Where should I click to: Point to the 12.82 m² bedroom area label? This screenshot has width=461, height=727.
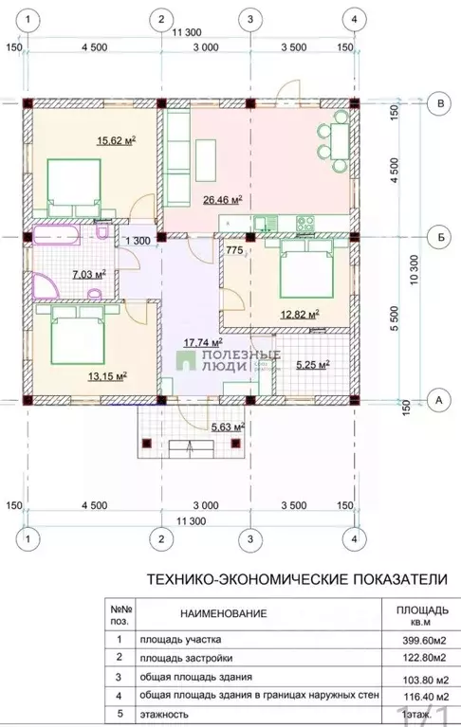pyautogui.click(x=299, y=314)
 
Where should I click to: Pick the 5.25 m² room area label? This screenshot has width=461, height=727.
pyautogui.click(x=312, y=363)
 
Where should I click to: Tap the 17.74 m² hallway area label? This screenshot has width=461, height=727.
pyautogui.click(x=203, y=341)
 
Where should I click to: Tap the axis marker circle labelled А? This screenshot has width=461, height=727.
pyautogui.click(x=439, y=400)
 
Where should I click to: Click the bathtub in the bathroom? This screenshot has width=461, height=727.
pyautogui.click(x=61, y=235)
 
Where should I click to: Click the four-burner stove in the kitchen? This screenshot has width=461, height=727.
pyautogui.click(x=306, y=225)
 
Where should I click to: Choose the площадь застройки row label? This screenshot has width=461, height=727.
pyautogui.click(x=186, y=657)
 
